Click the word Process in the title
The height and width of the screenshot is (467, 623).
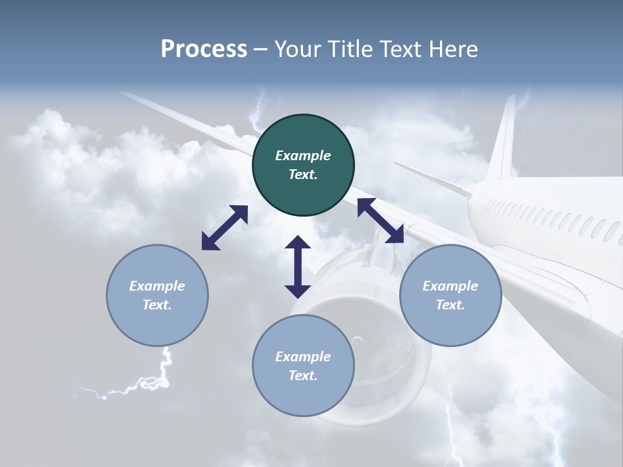point(204,49)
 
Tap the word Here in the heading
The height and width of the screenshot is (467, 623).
point(454,49)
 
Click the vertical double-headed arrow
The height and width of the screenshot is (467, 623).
point(298,267)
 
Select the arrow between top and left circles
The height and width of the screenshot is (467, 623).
point(225,228)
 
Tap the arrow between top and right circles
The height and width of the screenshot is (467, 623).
point(380,221)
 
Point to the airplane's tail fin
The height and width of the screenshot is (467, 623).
point(503,139)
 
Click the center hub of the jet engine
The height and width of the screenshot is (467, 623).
point(356,341)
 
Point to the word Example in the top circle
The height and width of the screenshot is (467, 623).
point(303,156)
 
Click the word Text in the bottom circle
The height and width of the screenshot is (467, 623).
point(303,376)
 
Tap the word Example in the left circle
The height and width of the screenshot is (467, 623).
point(157,286)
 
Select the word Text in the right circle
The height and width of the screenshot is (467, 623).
point(450,305)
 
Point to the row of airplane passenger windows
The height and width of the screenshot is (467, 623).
point(552,217)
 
